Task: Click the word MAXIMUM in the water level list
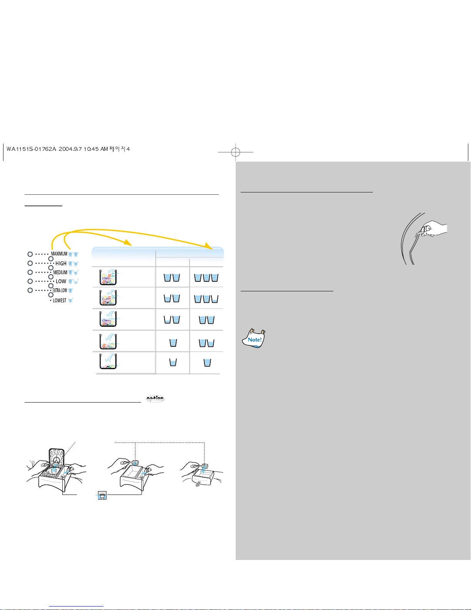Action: pyautogui.click(x=59, y=254)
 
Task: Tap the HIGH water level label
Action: pyautogui.click(x=61, y=263)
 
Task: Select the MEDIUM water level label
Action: pyautogui.click(x=60, y=272)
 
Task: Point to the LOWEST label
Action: pyautogui.click(x=60, y=300)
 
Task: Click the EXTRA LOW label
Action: pyautogui.click(x=60, y=290)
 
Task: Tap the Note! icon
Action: pyautogui.click(x=254, y=339)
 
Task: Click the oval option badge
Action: pyautogui.click(x=155, y=399)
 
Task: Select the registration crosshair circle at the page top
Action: pyautogui.click(x=235, y=152)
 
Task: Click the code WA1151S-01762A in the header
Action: pyautogui.click(x=32, y=149)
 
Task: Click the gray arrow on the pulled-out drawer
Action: pyautogui.click(x=198, y=484)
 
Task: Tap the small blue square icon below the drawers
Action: pyautogui.click(x=102, y=495)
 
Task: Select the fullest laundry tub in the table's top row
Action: pyautogui.click(x=108, y=277)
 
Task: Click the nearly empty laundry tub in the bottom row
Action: pyautogui.click(x=108, y=361)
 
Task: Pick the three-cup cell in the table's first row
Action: pyautogui.click(x=206, y=277)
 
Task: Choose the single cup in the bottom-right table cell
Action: pyautogui.click(x=207, y=363)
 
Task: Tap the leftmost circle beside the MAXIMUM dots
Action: pyautogui.click(x=30, y=254)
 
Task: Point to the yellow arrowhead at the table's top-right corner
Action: pyautogui.click(x=208, y=246)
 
